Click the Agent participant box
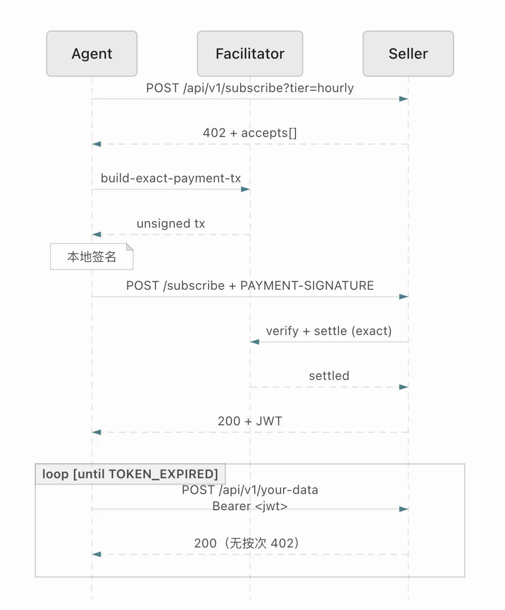(92, 54)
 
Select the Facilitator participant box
(250, 54)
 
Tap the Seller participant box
(408, 54)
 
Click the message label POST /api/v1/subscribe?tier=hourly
(250, 88)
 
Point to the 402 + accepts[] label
(250, 133)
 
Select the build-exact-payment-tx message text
(171, 178)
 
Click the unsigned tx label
(171, 223)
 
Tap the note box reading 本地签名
(92, 256)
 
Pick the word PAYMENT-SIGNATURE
(307, 285)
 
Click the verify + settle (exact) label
(329, 331)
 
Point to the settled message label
(329, 376)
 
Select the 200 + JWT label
(250, 421)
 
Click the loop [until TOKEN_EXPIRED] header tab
(130, 474)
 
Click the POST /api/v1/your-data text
(250, 490)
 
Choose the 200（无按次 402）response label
(247, 543)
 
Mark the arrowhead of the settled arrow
(404, 387)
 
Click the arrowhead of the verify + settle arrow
(254, 342)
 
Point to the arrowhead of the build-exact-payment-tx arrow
(245, 189)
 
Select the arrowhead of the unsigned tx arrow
(96, 234)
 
